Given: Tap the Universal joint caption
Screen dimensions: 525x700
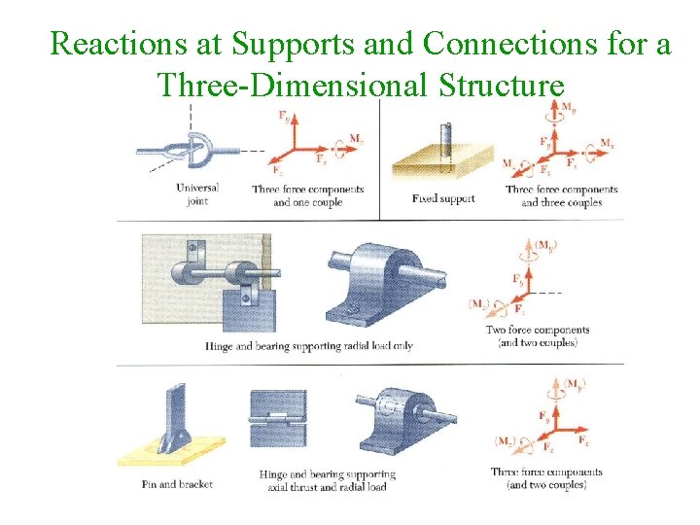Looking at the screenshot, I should (x=197, y=193).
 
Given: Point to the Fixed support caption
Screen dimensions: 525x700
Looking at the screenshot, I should (x=443, y=199).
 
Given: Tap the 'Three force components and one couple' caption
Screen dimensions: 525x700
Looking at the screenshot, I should (x=307, y=195).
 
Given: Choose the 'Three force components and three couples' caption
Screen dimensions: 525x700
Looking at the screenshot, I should (x=561, y=195).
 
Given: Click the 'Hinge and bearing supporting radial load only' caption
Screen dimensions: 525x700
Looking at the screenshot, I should (x=309, y=346).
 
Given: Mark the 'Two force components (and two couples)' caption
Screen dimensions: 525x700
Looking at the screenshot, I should (x=538, y=336).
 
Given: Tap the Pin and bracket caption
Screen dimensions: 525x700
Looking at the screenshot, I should (x=177, y=483).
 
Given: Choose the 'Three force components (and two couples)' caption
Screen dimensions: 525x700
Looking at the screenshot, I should (x=545, y=478).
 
